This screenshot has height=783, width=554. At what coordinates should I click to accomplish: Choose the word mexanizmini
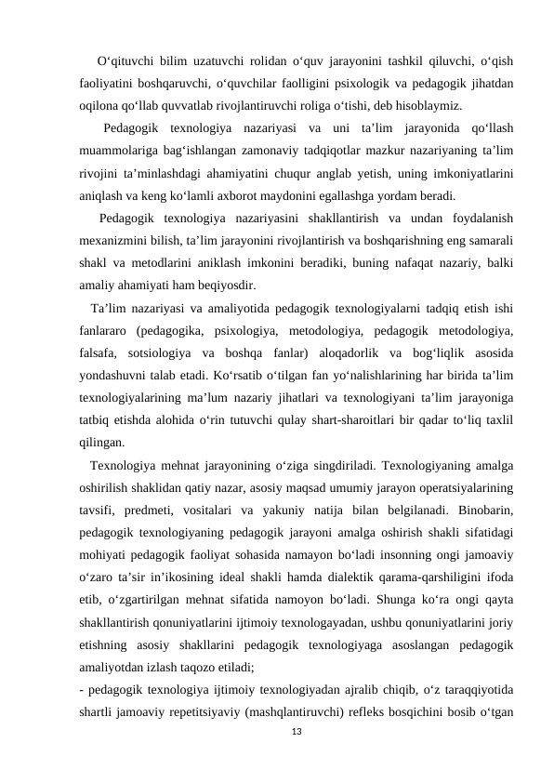pyautogui.click(x=118, y=242)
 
